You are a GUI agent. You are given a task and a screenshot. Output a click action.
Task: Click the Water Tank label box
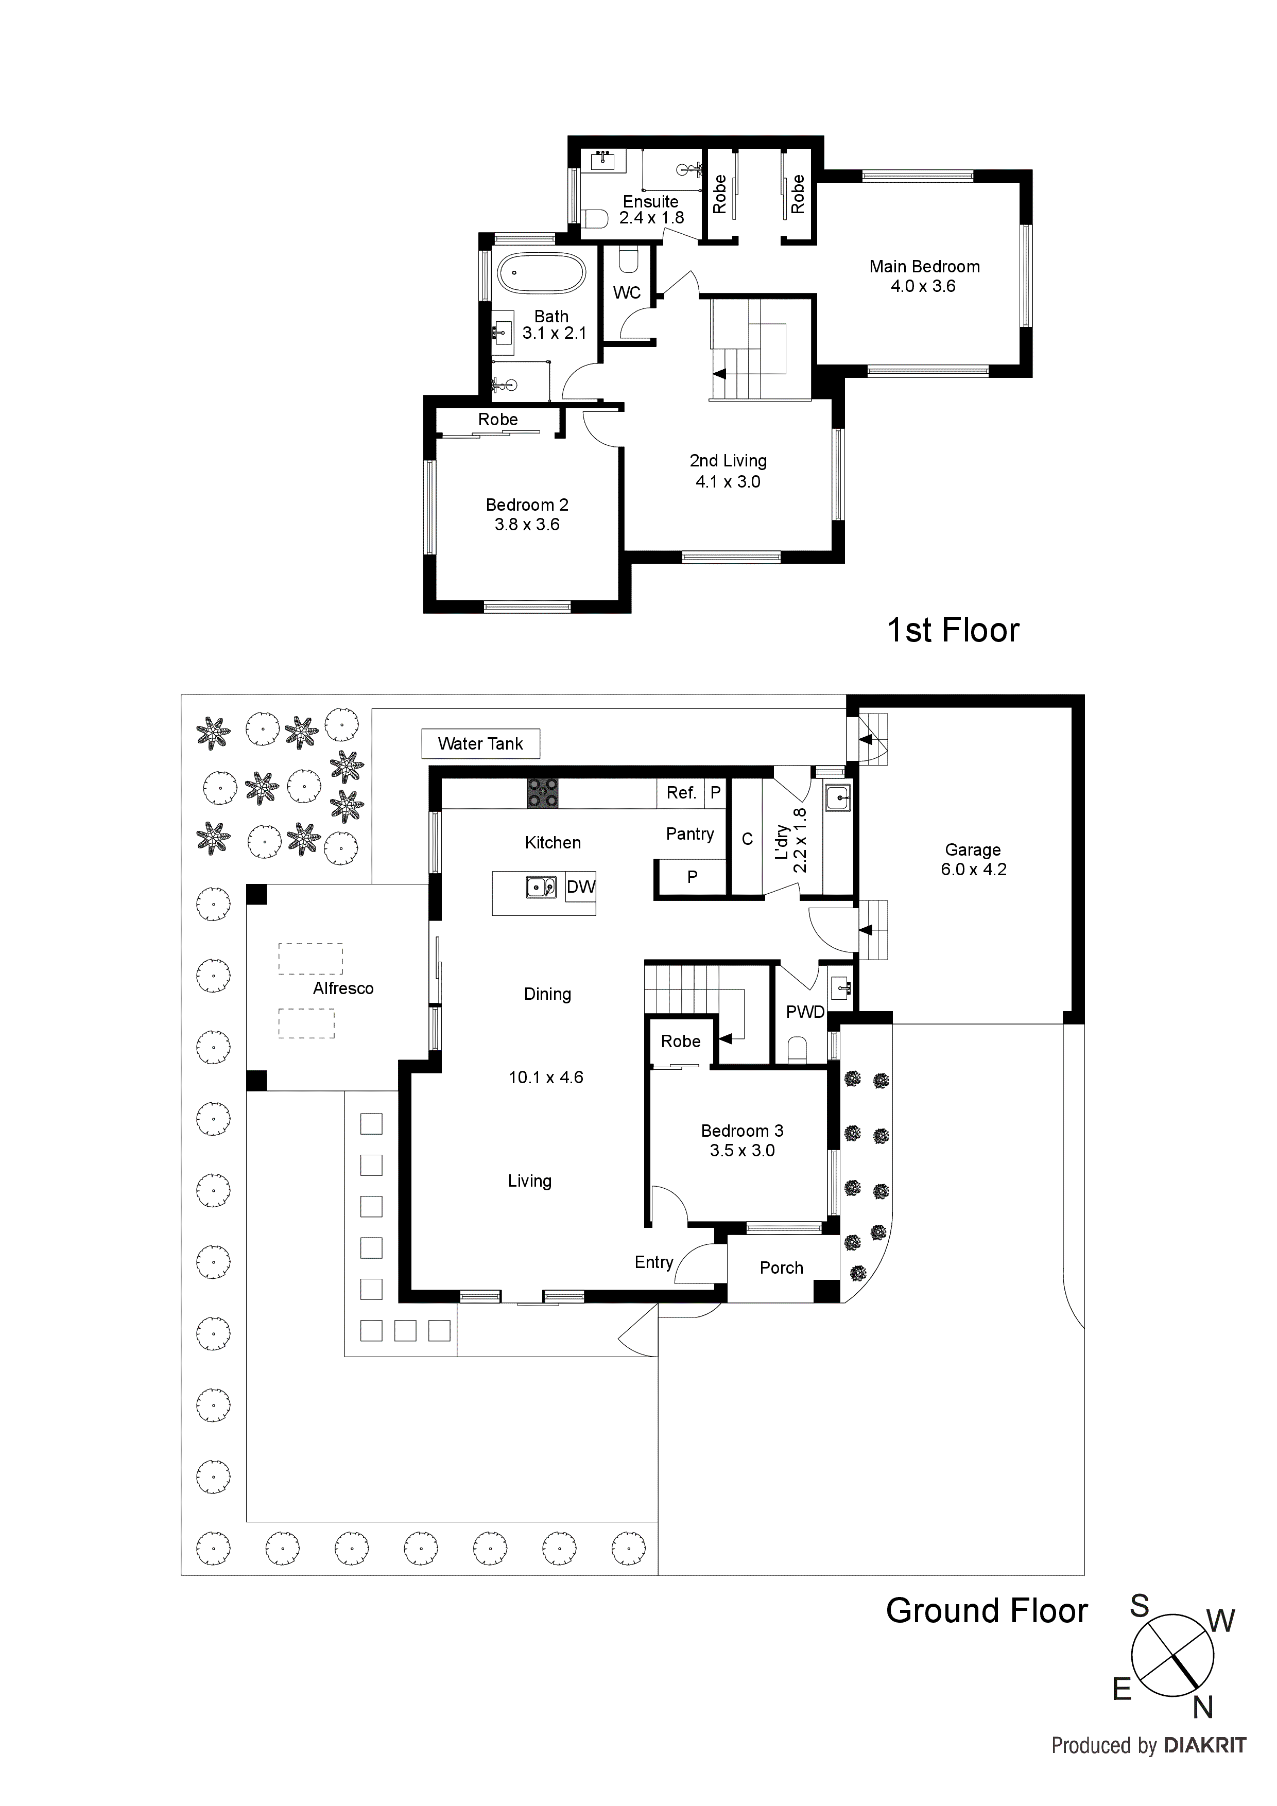click(480, 743)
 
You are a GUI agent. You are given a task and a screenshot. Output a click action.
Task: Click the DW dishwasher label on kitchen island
click(581, 887)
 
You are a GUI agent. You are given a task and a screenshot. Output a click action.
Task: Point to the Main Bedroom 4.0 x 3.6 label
click(924, 276)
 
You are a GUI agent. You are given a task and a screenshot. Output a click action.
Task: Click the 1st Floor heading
click(953, 630)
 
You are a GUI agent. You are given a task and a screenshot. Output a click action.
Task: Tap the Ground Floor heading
click(987, 1611)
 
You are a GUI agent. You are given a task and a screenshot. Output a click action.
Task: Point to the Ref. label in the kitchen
click(681, 793)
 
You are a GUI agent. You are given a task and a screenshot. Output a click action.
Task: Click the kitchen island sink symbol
click(541, 887)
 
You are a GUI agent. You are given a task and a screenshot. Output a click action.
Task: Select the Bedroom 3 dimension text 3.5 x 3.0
click(742, 1151)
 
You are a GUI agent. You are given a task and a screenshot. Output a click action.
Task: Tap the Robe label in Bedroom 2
click(498, 419)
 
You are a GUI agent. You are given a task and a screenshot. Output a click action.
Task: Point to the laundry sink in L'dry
click(837, 799)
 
